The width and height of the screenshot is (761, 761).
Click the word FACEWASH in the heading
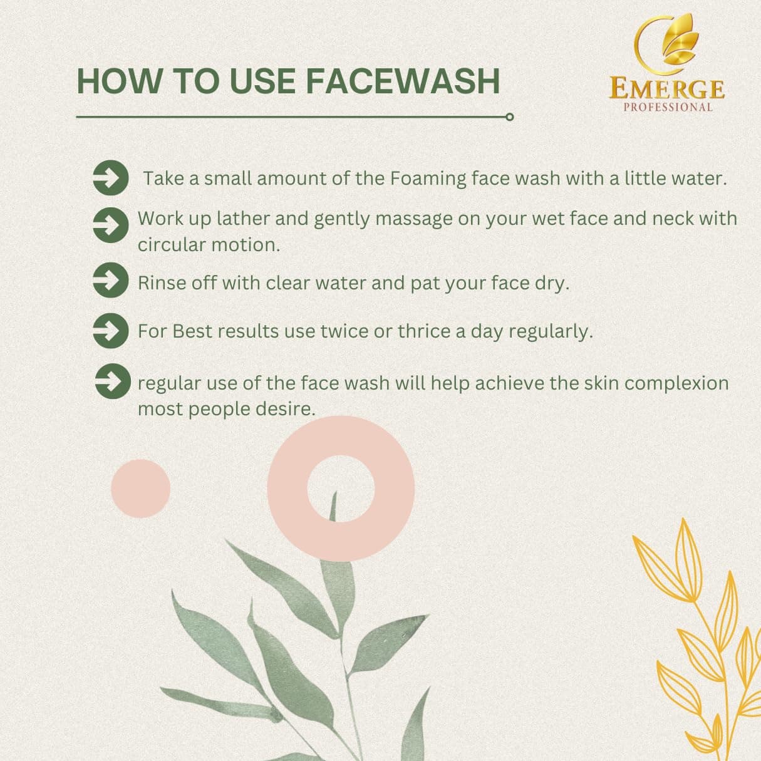[403, 82]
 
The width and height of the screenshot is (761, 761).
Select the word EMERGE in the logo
[666, 89]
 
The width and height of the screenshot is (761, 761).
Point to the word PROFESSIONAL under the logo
[668, 107]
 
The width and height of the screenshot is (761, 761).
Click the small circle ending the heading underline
[509, 117]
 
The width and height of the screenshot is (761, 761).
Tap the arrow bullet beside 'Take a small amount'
[111, 178]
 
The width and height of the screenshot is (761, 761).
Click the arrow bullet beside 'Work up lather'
[111, 225]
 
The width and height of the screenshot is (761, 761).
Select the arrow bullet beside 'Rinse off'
[111, 280]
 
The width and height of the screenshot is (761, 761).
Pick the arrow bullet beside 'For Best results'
[111, 331]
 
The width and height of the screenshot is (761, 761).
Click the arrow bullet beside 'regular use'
[113, 381]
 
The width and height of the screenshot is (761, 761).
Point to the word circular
[172, 245]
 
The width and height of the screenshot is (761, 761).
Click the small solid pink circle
[140, 489]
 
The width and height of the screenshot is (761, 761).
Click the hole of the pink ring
[341, 488]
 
